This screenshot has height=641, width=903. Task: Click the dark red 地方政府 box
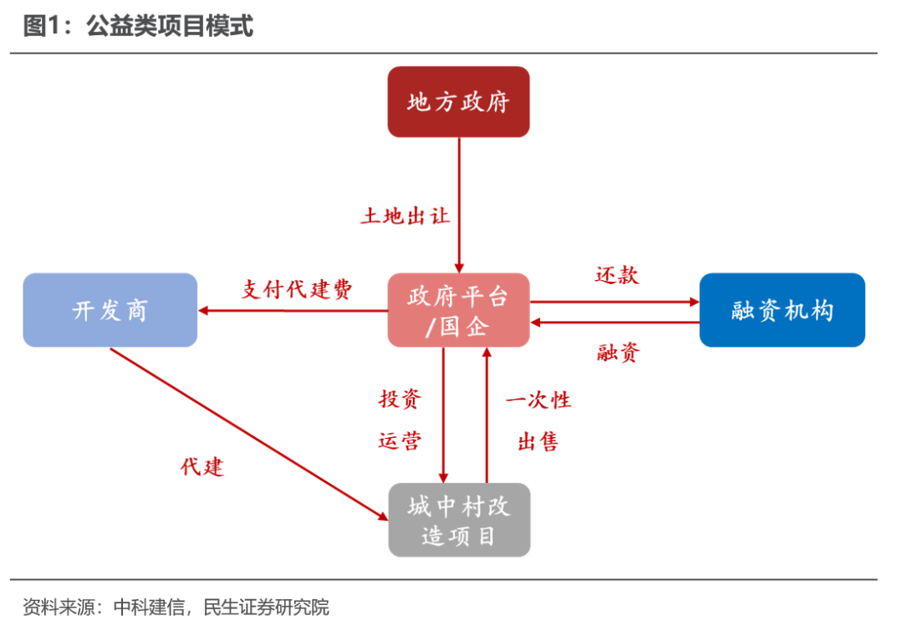(x=458, y=102)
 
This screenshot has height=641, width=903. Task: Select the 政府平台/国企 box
(x=458, y=310)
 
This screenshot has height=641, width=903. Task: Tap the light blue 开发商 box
(x=110, y=310)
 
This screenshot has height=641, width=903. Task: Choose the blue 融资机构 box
(x=782, y=310)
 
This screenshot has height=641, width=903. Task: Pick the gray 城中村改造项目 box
(x=459, y=520)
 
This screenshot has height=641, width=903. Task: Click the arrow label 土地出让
(x=406, y=216)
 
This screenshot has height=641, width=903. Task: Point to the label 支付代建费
(x=297, y=289)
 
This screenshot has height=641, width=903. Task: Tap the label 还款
(x=617, y=275)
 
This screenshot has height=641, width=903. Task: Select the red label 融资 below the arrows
(x=618, y=352)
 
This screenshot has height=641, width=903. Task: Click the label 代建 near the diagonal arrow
(x=202, y=466)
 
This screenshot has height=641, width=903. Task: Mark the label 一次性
(x=538, y=400)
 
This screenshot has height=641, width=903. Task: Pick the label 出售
(x=538, y=442)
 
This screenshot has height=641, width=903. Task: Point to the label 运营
(x=400, y=440)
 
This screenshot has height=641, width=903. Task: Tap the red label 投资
(x=400, y=398)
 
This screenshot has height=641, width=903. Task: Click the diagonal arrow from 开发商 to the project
(x=249, y=435)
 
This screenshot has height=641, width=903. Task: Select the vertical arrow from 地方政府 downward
(x=459, y=206)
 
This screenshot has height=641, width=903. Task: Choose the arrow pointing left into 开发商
(x=293, y=311)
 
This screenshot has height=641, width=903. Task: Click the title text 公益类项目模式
(x=170, y=26)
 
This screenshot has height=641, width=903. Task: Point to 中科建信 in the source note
(x=149, y=607)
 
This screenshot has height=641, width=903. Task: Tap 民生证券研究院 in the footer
(x=266, y=607)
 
